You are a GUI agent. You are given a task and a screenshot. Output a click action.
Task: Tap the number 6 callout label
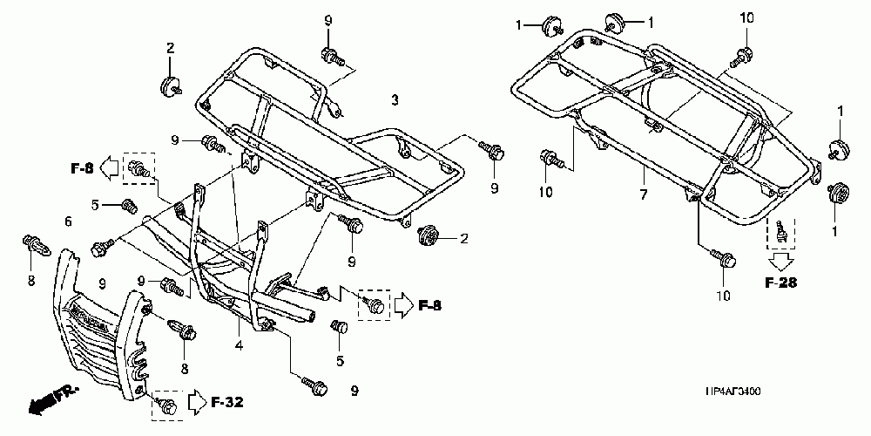click(x=68, y=222)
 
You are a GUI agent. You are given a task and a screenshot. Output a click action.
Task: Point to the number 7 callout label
click(x=643, y=194)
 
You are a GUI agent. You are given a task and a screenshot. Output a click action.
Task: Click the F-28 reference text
click(x=780, y=283)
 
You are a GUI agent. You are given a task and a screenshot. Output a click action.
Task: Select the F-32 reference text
click(x=227, y=402)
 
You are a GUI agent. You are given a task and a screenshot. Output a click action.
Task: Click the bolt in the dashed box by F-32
click(x=166, y=404)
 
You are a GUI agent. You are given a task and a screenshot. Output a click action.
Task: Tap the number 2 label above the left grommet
click(x=171, y=46)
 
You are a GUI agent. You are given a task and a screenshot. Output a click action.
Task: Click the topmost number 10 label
click(x=746, y=17)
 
